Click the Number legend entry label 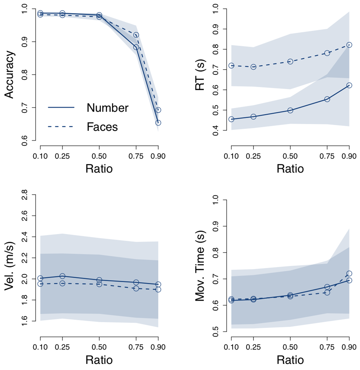click(x=108, y=108)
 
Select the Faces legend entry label click(x=102, y=127)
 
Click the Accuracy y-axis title click(x=9, y=74)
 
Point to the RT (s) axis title click(x=200, y=74)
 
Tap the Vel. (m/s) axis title click(x=9, y=266)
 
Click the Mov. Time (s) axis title click(x=200, y=266)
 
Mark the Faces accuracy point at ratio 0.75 click(x=136, y=35)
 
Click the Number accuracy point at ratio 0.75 click(x=136, y=47)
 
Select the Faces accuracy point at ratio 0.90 click(x=158, y=110)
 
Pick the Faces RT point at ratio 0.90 click(x=349, y=45)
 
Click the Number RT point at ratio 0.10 click(x=231, y=119)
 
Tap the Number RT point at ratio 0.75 click(x=327, y=99)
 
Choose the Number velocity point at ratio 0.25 click(x=62, y=276)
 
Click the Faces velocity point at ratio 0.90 click(x=158, y=289)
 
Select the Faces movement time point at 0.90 click(x=349, y=274)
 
